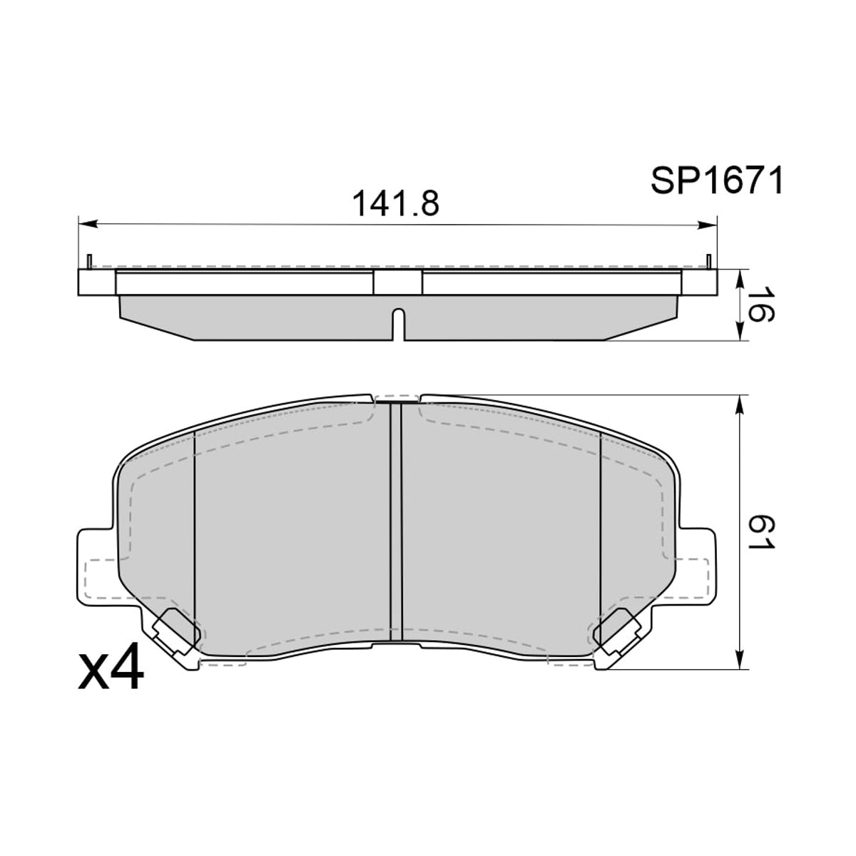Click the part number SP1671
[716, 180]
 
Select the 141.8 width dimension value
[396, 204]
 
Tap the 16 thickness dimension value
[760, 305]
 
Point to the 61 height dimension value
[760, 533]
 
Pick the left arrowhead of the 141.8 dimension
[88, 224]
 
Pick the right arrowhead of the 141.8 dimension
[707, 225]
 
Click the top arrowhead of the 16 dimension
[740, 279]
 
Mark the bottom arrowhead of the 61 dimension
[740, 659]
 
